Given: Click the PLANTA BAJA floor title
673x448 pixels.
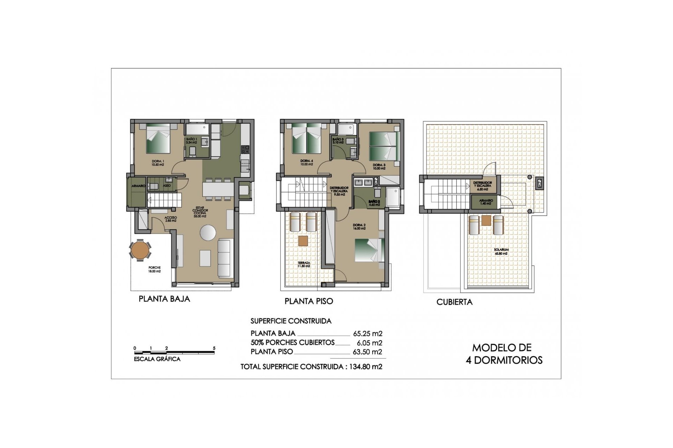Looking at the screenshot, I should tap(164, 299).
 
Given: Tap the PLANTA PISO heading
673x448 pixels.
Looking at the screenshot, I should tap(308, 301).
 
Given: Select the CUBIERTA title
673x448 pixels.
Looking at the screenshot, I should tap(454, 302).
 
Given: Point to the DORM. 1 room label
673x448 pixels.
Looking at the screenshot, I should tap(158, 163).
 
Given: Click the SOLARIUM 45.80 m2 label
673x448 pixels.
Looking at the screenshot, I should tap(501, 251).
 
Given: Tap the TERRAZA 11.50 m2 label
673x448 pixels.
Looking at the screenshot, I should tap(304, 264).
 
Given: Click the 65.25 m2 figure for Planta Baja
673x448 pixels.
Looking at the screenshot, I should tap(367, 334).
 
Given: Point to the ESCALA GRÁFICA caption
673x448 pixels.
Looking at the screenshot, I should tap(157, 359).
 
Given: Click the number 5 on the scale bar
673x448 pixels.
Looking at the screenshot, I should tap(214, 348).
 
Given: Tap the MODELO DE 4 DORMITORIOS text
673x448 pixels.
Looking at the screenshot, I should tap(504, 354).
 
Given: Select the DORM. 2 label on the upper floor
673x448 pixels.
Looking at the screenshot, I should tap(359, 226).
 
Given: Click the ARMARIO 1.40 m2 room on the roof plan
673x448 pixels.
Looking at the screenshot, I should tap(485, 202).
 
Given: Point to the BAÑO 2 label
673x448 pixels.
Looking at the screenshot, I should tap(374, 203).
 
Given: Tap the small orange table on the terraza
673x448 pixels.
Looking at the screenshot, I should tap(303, 240).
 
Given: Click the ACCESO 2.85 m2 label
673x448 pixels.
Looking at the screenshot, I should tap(170, 219).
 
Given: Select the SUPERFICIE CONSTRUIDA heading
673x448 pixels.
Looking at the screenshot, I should tap(291, 321).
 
